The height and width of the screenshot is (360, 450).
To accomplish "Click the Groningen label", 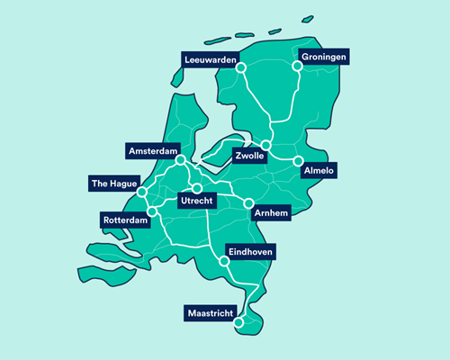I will point(323,56).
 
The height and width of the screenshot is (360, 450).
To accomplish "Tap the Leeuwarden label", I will point(210,60).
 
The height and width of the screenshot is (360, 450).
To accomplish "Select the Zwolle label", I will point(248,156).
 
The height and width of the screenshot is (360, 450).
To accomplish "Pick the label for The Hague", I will point(113,184).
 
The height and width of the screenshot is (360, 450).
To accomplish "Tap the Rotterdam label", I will point(124,220).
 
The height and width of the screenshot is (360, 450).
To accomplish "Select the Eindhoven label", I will point(250,251).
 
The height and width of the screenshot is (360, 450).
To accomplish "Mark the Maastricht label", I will point(212,313).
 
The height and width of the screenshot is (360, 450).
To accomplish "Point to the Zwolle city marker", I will point(266,145).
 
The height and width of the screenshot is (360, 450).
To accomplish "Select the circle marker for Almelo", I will point(297,161).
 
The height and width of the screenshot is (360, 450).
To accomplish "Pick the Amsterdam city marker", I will point(181,161).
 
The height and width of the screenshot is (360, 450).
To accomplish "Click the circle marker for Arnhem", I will point(248,203).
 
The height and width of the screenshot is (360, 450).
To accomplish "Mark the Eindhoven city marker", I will point(223,262).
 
